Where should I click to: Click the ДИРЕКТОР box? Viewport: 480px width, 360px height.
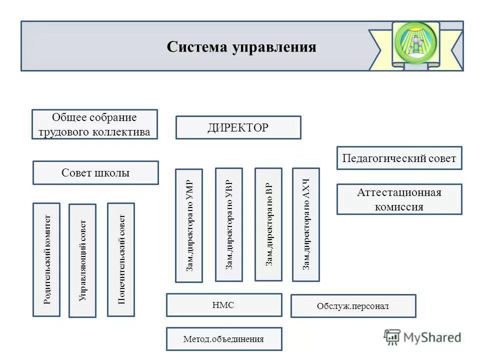[238, 127]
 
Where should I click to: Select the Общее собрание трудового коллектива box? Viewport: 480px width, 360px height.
[94, 124]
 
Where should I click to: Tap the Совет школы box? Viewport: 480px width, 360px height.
[95, 173]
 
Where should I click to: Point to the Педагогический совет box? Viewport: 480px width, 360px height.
[399, 158]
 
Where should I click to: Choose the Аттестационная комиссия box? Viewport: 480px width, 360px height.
[399, 199]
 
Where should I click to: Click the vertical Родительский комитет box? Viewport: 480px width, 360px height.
[46, 259]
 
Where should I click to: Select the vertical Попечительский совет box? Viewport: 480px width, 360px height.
[121, 259]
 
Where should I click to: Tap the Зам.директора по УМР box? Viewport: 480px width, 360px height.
[189, 225]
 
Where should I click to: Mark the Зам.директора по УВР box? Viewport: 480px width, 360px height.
[228, 224]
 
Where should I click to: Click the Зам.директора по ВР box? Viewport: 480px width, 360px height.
[268, 224]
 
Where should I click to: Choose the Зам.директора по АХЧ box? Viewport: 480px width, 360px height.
[306, 224]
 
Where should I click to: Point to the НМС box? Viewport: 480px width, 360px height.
[223, 305]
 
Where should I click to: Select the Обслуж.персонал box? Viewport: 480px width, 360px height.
[353, 306]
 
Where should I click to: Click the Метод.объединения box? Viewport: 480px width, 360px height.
[223, 339]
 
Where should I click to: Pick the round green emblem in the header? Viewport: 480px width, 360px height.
[415, 44]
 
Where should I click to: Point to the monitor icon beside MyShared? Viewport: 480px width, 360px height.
[392, 337]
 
